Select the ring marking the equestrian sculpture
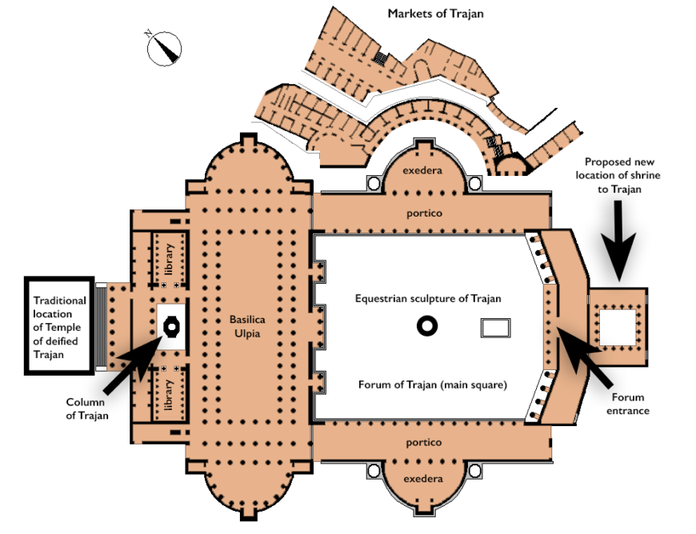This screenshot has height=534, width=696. (427, 325)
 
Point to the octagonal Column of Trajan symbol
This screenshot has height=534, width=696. (171, 325)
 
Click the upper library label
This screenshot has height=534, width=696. (169, 257)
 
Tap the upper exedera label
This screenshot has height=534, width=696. (423, 171)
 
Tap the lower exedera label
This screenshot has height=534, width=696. (423, 479)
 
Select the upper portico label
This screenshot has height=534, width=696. (423, 213)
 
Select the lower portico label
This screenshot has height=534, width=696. (423, 442)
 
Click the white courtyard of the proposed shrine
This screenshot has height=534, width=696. (618, 326)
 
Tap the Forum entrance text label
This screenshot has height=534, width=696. (628, 404)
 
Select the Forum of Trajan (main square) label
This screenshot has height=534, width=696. (433, 385)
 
